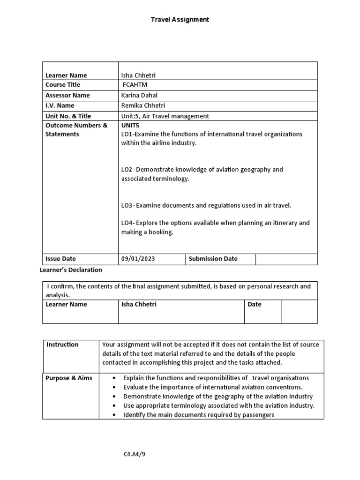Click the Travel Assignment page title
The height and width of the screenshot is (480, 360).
tap(180, 20)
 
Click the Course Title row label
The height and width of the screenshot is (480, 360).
tap(63, 85)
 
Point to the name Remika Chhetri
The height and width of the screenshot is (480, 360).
tap(143, 105)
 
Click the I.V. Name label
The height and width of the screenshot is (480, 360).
tap(60, 105)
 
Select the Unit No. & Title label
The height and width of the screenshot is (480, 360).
tap(68, 116)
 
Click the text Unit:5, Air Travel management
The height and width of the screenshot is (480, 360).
tap(165, 116)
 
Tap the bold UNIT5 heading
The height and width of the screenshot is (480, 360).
tap(130, 126)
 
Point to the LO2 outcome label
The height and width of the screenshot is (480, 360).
tap(127, 170)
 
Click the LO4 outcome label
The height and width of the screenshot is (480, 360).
tap(127, 223)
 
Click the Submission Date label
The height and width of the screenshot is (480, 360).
tap(213, 259)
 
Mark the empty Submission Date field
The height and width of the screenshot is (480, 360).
tap(286, 259)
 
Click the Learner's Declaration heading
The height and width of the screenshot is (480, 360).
tap(69, 270)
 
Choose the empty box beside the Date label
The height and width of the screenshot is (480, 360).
tap(299, 312)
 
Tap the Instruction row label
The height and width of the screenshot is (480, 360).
tap(62, 345)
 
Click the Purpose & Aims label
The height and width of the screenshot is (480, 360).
tap(69, 378)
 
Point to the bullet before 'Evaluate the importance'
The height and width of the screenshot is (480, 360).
tap(115, 387)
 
